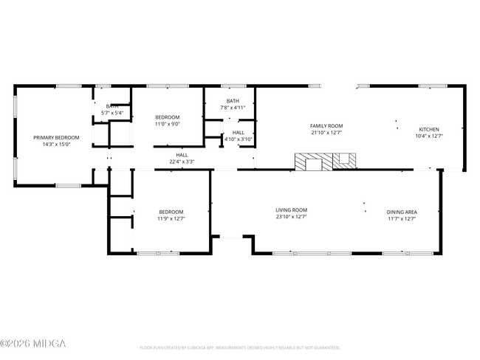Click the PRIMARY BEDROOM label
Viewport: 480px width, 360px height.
tap(56, 137)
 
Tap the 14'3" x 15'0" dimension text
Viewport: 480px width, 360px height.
tap(56, 145)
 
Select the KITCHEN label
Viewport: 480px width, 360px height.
tap(429, 129)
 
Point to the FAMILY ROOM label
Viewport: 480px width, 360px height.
tap(326, 126)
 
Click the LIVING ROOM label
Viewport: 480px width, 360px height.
tap(292, 210)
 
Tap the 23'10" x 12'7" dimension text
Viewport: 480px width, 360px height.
tap(292, 218)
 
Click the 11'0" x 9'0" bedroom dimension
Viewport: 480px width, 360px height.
tap(168, 124)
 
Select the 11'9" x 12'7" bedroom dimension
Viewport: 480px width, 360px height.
tap(171, 218)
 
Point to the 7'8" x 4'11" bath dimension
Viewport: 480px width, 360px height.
tap(233, 108)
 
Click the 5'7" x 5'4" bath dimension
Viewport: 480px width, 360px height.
tap(113, 113)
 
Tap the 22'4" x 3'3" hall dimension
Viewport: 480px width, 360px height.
tap(182, 162)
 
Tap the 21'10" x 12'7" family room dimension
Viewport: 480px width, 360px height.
tap(326, 134)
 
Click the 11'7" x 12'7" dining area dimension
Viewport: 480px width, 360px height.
tap(402, 218)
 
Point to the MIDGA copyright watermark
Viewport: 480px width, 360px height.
tap(33, 344)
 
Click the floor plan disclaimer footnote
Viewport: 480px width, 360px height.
tap(239, 347)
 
